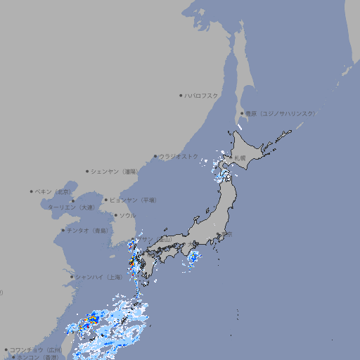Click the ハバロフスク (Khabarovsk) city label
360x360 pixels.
click(202, 95)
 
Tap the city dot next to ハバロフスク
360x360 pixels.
click(181, 95)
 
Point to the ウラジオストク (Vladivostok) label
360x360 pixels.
click(179, 156)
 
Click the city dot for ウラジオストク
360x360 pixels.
click(156, 157)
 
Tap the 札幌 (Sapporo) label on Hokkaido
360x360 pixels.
click(240, 157)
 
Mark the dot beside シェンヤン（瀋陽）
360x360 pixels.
click(88, 171)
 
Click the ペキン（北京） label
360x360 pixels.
click(53, 191)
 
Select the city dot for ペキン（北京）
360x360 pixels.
click(32, 191)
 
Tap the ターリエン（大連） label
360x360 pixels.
click(70, 207)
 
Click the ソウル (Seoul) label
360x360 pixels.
click(127, 215)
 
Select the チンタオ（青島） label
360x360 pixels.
click(86, 230)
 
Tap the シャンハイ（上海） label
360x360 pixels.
click(98, 277)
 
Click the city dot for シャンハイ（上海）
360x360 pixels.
click(72, 277)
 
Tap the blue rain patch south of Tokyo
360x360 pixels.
click(193, 259)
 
